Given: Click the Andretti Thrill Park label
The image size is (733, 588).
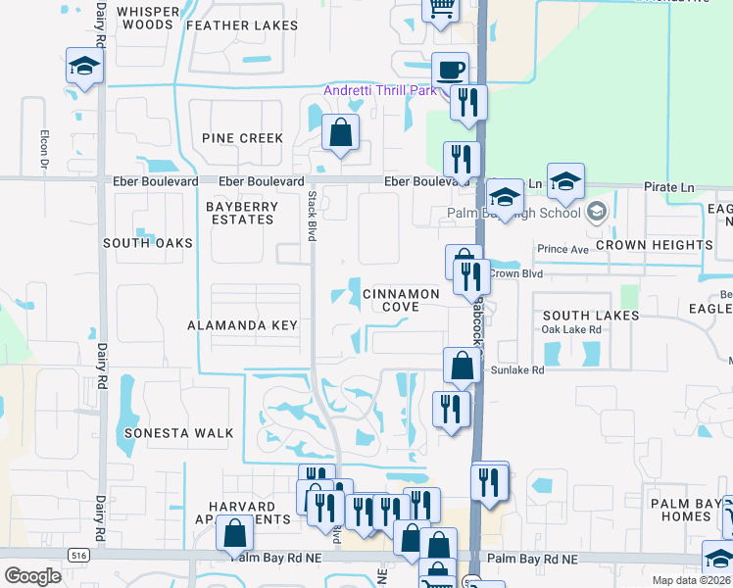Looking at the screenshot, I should pos(380,92).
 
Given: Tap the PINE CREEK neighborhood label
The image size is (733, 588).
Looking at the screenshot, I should pos(242,138).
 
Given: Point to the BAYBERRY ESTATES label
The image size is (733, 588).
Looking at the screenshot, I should pos(240,213).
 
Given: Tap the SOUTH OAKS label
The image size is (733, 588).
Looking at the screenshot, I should pos(148,242).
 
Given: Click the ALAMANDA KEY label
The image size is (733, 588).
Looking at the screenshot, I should pos(242,324).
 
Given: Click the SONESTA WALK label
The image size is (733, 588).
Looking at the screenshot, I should pos(179,432).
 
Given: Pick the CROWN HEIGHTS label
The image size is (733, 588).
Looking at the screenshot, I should pos(654,245).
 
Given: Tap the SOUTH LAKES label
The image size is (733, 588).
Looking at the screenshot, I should pos(591,316).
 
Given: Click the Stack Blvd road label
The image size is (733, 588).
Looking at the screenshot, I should pos(312,217).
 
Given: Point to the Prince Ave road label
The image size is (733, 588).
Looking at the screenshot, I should pos(562,250).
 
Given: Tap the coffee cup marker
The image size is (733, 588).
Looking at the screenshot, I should pos(450,71).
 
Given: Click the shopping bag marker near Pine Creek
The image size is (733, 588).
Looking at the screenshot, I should pos(340,132).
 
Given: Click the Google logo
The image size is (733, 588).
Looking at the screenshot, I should pos(32,576).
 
